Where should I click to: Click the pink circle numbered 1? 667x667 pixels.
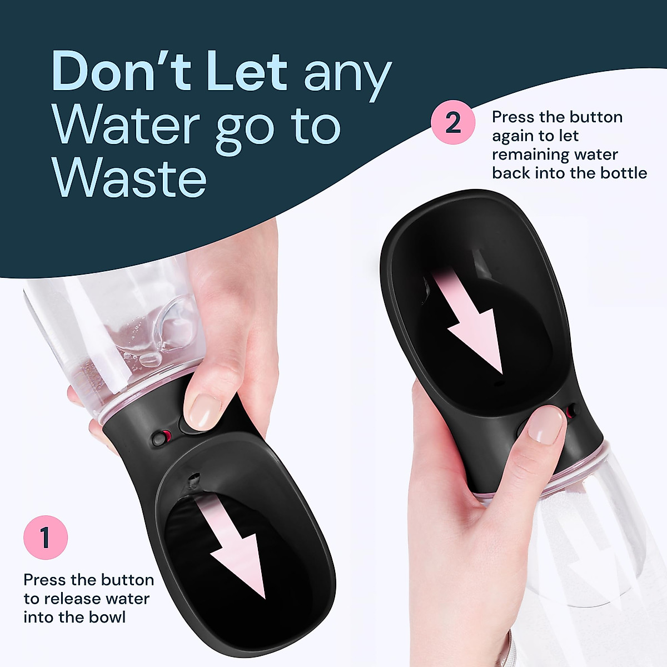[x=46, y=538]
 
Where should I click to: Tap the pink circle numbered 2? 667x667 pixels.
[x=453, y=122]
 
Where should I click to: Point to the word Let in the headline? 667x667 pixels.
[x=247, y=72]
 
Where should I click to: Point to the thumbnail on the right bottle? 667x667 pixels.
[x=545, y=426]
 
